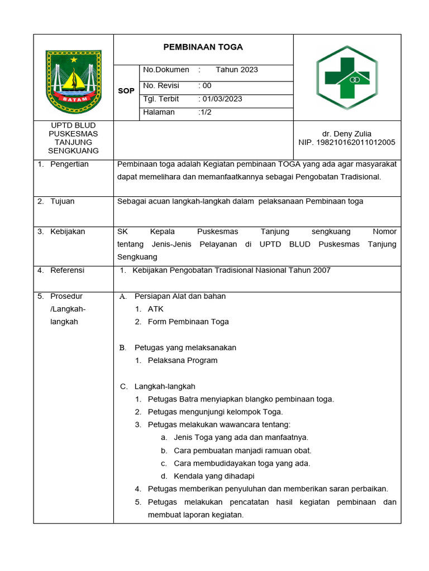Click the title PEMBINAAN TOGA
(x=203, y=47)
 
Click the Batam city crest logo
(x=73, y=81)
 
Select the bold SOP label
(x=126, y=90)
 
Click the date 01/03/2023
(x=222, y=99)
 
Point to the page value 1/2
(x=205, y=112)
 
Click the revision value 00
(x=207, y=85)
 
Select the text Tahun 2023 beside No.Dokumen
(x=237, y=70)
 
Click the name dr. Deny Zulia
(x=346, y=134)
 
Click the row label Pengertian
(x=69, y=164)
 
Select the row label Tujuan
(x=62, y=201)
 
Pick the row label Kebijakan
(x=68, y=231)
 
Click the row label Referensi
(x=67, y=270)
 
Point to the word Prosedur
(x=66, y=296)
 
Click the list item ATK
(x=156, y=309)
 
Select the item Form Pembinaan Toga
(x=188, y=322)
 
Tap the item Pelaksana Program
(x=183, y=360)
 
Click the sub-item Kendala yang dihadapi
(x=214, y=476)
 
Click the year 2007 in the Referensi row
(x=322, y=270)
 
